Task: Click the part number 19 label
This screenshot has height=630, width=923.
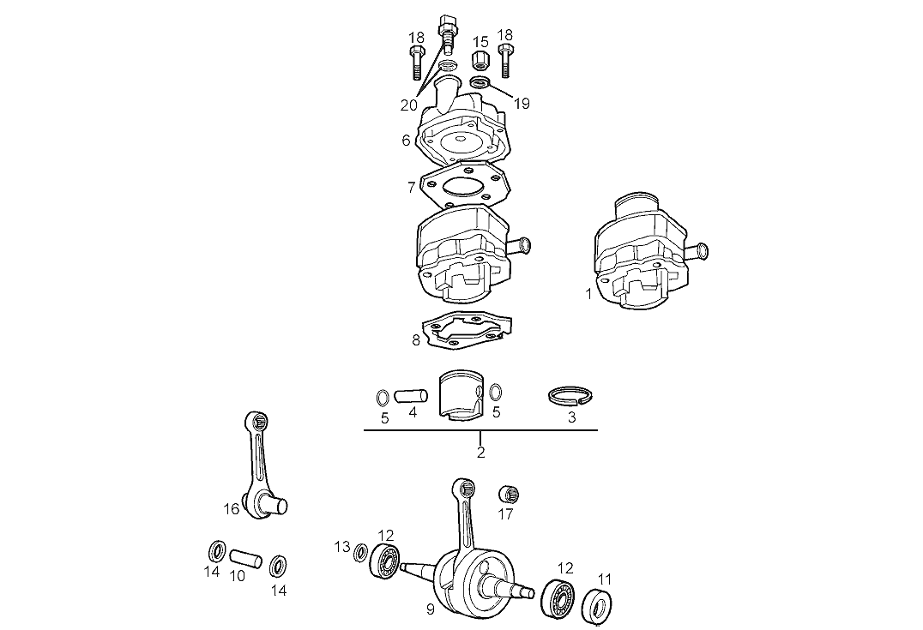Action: (x=522, y=104)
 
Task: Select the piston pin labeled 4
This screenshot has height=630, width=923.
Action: (x=410, y=397)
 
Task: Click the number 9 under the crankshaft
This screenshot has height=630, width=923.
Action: (x=431, y=609)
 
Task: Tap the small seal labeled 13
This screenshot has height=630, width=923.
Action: (x=361, y=553)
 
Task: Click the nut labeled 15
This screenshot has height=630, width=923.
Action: (x=480, y=61)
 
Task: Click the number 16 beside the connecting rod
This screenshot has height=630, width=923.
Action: (x=232, y=509)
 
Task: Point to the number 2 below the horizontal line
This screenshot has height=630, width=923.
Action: (x=480, y=452)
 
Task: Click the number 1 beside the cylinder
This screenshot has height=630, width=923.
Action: (x=588, y=294)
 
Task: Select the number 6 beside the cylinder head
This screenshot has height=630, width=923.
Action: (x=406, y=140)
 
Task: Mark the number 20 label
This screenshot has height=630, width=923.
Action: (x=408, y=105)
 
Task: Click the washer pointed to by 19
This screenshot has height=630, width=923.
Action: (x=480, y=83)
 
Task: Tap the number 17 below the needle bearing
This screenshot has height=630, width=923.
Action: (x=506, y=514)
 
